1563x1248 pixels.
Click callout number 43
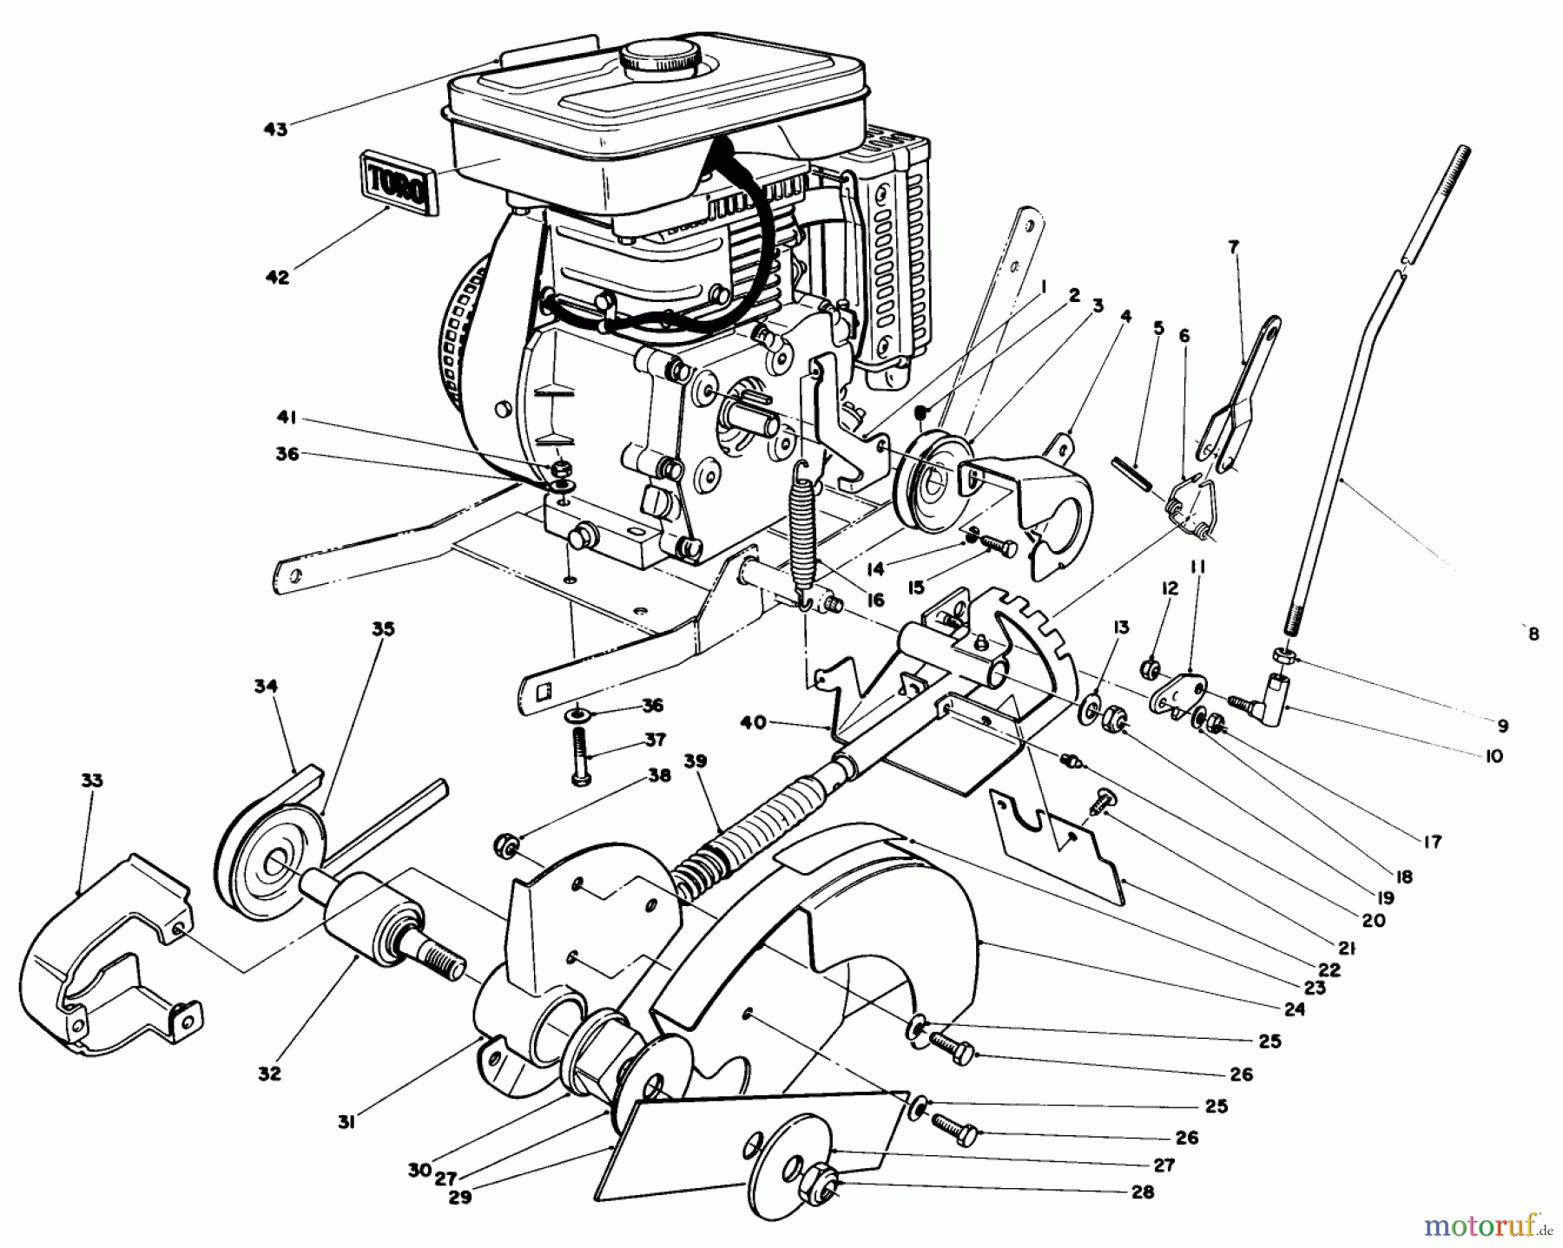click(x=275, y=129)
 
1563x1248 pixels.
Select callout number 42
click(x=277, y=278)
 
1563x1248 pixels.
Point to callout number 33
click(x=91, y=780)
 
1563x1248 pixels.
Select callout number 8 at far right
click(x=1533, y=634)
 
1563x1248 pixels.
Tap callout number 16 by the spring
click(x=874, y=600)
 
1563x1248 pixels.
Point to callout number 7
click(x=1234, y=247)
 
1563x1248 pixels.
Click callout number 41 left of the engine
click(x=287, y=418)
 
